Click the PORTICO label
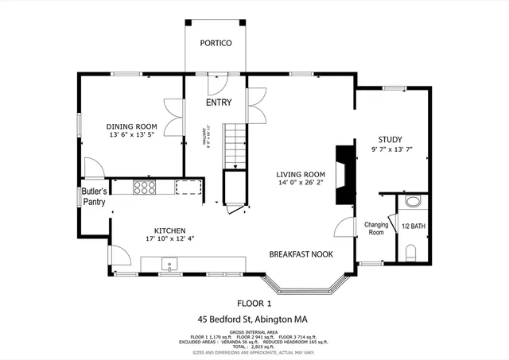[216, 43]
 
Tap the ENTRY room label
[219, 103]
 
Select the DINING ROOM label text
[132, 126]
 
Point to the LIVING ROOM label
[301, 175]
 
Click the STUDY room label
[390, 138]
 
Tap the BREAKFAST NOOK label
[301, 254]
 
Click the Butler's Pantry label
[94, 196]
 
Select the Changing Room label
[375, 229]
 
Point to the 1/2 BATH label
[413, 226]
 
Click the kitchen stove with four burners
[145, 188]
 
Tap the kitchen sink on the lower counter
[169, 263]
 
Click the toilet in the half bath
[411, 254]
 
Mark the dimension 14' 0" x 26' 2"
[301, 185]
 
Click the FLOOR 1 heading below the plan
[254, 303]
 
